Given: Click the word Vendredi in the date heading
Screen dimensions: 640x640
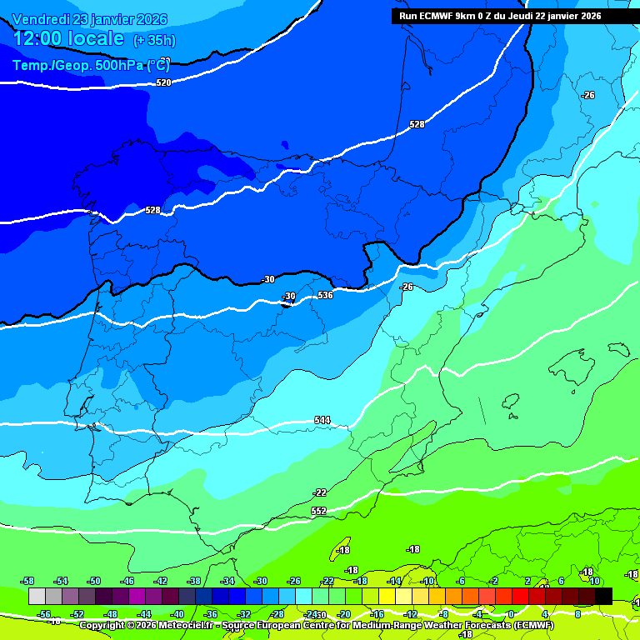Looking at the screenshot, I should pyautogui.click(x=41, y=19).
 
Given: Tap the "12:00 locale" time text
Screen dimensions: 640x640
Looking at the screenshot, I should pyautogui.click(x=68, y=38).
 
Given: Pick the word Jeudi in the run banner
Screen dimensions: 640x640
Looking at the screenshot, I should pyautogui.click(x=523, y=16).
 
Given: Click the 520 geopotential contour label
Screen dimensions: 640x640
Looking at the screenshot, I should pyautogui.click(x=163, y=82).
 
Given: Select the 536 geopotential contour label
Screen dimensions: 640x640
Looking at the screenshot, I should pyautogui.click(x=325, y=295).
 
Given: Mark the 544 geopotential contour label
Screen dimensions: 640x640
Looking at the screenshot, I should pyautogui.click(x=322, y=420).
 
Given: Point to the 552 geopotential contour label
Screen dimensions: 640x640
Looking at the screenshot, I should pyautogui.click(x=318, y=511).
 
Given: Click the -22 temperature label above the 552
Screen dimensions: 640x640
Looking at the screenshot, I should pyautogui.click(x=319, y=492).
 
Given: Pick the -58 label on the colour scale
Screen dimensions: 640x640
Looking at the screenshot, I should pyautogui.click(x=27, y=581).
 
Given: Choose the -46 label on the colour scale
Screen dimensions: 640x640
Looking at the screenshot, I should pyautogui.click(x=127, y=581).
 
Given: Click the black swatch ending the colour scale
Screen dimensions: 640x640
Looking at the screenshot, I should pyautogui.click(x=603, y=596).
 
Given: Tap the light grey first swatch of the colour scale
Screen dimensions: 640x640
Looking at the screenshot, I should pyautogui.click(x=37, y=596).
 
